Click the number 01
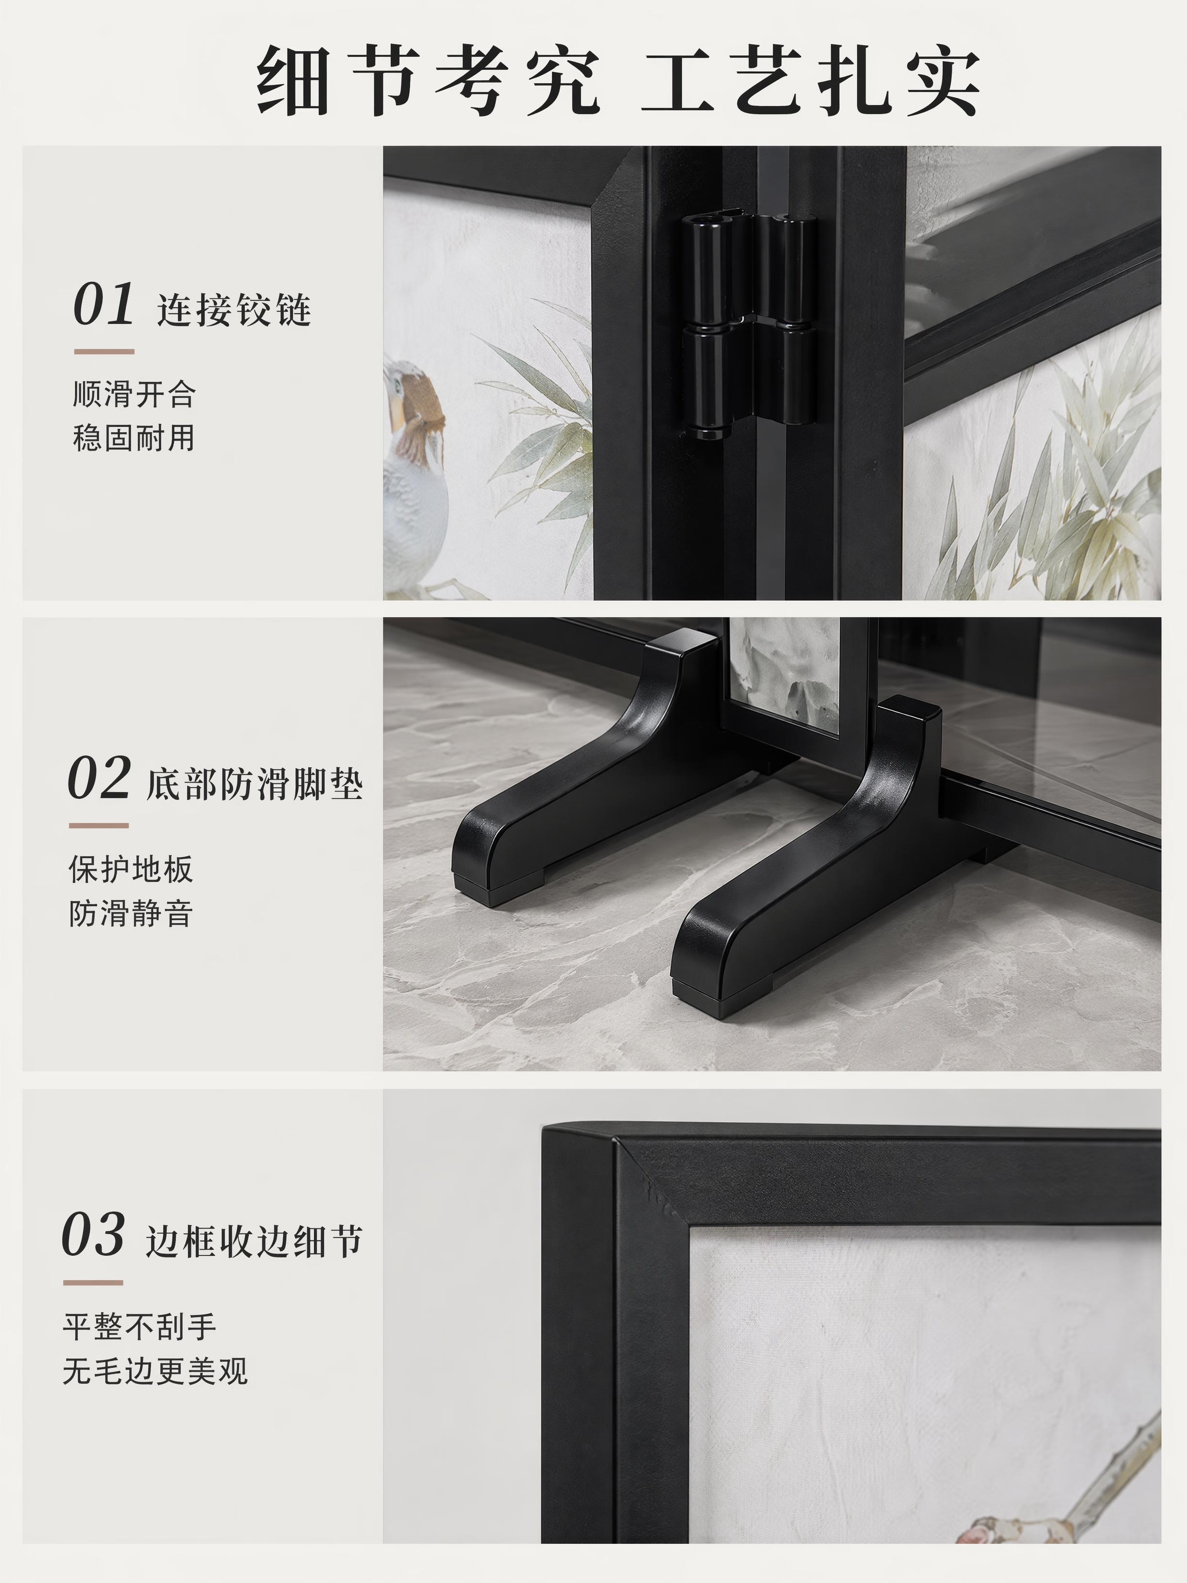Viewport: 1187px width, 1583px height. pyautogui.click(x=103, y=304)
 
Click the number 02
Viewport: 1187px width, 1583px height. pyautogui.click(x=99, y=778)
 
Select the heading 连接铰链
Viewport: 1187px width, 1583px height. pyautogui.click(x=234, y=310)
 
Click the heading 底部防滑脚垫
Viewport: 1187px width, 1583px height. pyautogui.click(x=255, y=784)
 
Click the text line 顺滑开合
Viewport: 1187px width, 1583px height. pyautogui.click(x=134, y=394)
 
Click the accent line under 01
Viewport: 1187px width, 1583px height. pyautogui.click(x=104, y=352)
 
